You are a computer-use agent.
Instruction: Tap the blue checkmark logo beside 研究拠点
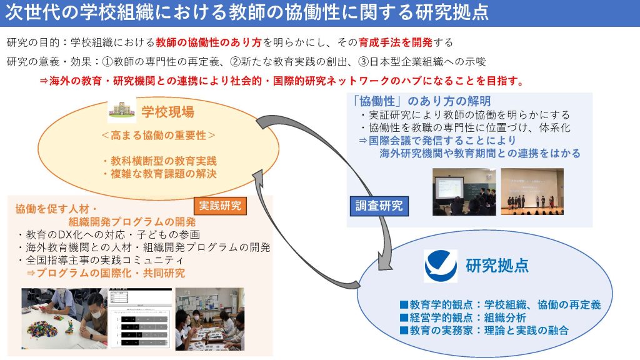coord(441,266)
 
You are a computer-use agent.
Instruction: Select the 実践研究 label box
coord(219,206)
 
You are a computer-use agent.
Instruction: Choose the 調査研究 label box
coord(379,205)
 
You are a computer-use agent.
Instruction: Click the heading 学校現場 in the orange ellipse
coord(167,112)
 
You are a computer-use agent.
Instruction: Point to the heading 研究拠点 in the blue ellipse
coord(497,266)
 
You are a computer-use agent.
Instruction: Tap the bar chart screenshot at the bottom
coord(139,319)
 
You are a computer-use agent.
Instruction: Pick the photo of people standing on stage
coord(532,192)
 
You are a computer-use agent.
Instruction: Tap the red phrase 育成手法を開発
coord(395,42)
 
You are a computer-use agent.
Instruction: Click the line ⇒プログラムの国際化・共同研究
coord(106,273)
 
